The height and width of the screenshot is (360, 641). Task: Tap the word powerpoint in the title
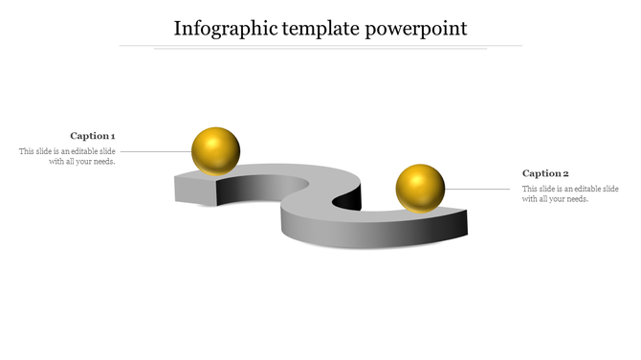click(x=416, y=28)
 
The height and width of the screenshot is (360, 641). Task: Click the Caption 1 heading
click(x=93, y=136)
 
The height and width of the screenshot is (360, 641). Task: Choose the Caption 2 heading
click(x=545, y=173)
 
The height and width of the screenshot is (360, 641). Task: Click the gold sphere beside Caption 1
click(x=215, y=150)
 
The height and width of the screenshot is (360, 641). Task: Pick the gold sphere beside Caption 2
click(x=420, y=188)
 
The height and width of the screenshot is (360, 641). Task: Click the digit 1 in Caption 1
click(x=113, y=136)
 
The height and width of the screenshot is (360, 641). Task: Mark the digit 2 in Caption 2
click(x=565, y=173)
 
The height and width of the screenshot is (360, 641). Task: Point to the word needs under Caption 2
click(x=578, y=199)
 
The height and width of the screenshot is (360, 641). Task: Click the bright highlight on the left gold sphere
click(x=209, y=142)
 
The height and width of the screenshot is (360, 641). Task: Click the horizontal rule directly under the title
click(x=320, y=45)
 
